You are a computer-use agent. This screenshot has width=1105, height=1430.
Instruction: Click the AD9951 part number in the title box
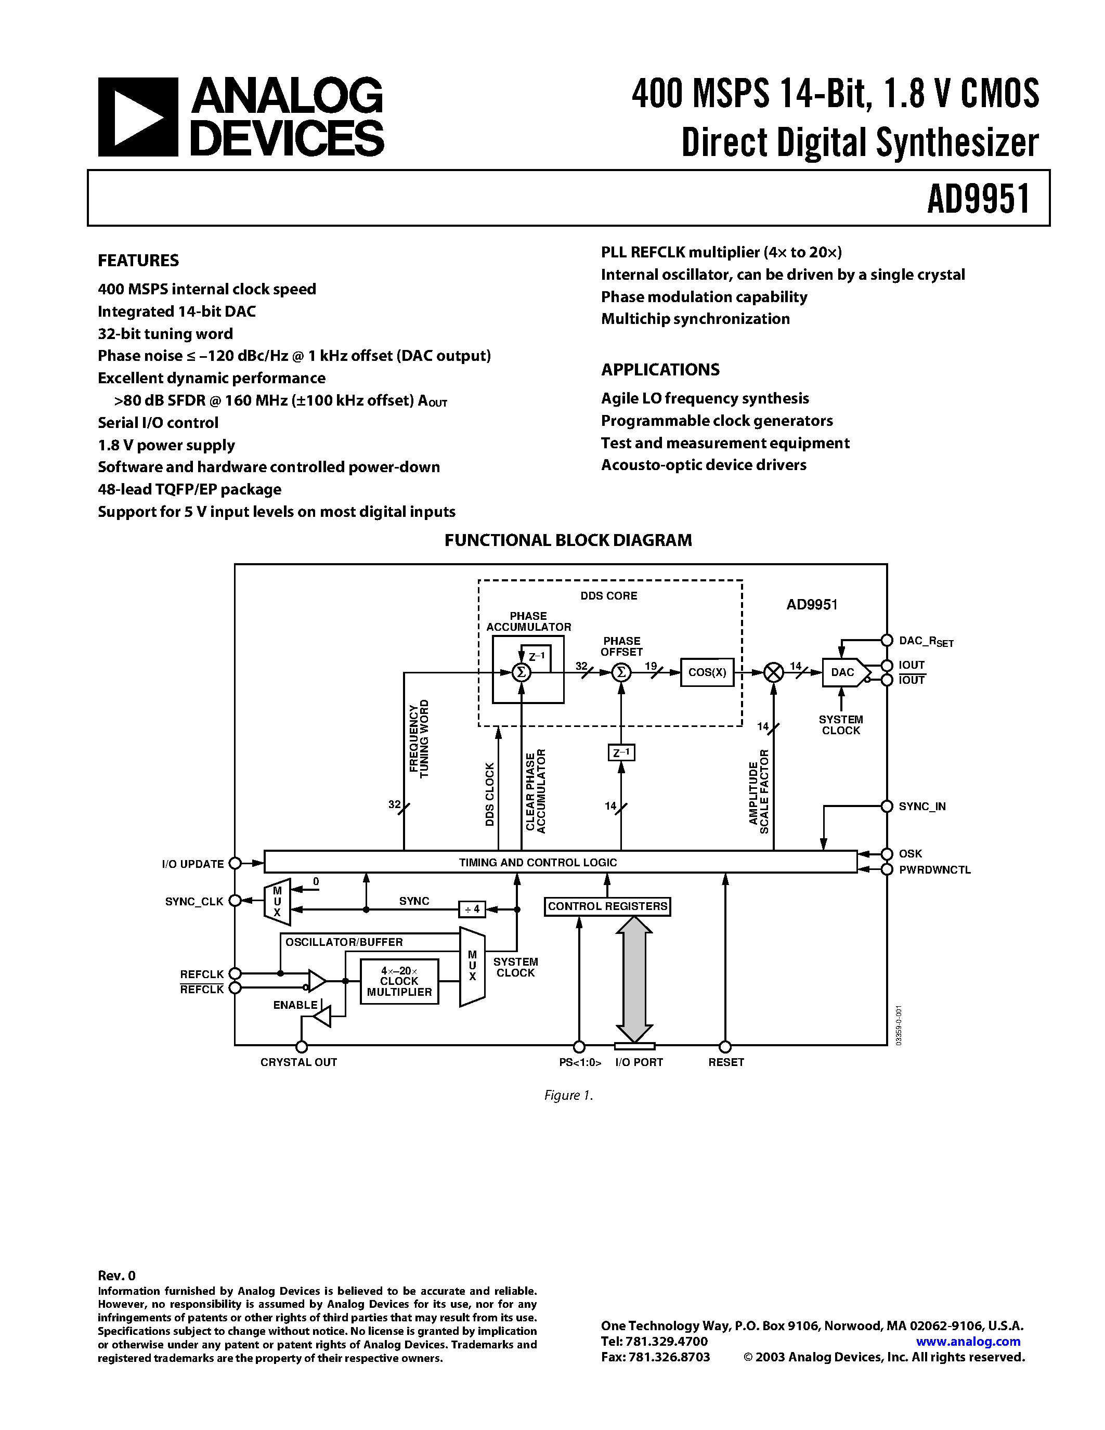pos(979,199)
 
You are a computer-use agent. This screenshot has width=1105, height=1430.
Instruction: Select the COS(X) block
pos(707,672)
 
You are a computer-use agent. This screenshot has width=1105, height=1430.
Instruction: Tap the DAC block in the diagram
pos(843,672)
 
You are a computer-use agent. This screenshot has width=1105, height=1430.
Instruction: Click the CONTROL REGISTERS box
pos(607,906)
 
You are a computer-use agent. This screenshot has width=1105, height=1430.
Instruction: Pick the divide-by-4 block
pos(472,909)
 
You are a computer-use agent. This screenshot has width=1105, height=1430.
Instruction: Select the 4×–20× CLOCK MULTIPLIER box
pos(399,981)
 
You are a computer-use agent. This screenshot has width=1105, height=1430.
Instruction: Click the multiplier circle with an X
pos(774,672)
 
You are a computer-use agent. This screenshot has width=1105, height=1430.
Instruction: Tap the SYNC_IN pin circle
pos(887,806)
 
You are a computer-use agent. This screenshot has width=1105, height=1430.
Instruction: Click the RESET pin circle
pos(725,1046)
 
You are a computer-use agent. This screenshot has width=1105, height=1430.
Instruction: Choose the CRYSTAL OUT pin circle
pos(301,1046)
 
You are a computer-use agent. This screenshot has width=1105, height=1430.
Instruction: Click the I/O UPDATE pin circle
pos(235,864)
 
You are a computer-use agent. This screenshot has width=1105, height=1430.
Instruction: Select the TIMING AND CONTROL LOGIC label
pos(538,862)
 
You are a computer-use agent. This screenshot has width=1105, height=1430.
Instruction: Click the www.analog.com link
pos(968,1341)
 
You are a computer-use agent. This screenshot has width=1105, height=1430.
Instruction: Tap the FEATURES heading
pos(138,261)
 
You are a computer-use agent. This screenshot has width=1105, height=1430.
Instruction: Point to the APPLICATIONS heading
pos(660,370)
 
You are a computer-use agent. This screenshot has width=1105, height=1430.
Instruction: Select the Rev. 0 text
pos(116,1275)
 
